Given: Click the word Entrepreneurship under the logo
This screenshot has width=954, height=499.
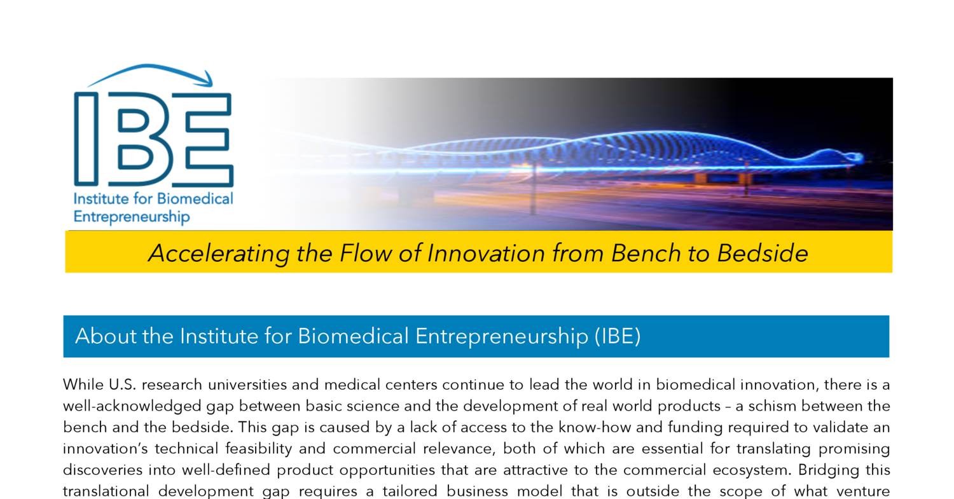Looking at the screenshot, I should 132,217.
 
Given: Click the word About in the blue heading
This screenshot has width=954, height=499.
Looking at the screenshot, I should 106,336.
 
